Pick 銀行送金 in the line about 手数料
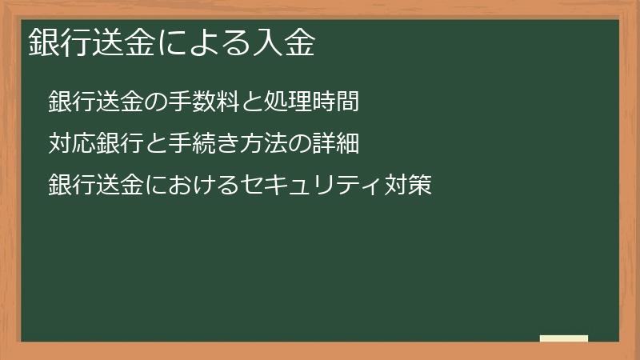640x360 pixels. (96, 102)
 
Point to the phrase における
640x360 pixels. (193, 186)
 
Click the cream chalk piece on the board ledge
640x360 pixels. (564, 338)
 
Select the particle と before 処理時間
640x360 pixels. (247, 102)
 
